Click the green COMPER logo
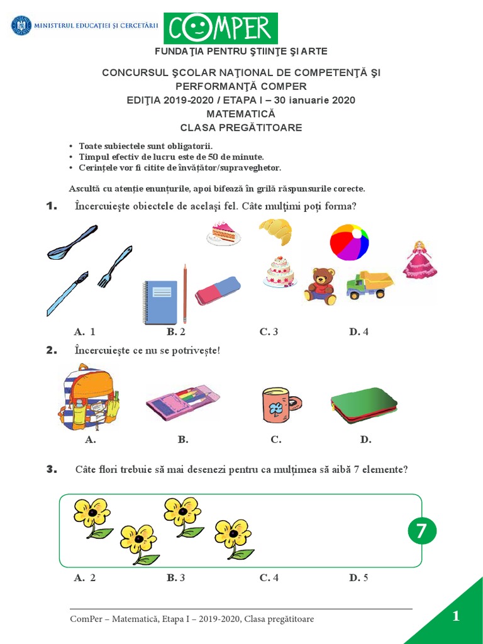pos(221,28)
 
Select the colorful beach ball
pos(349,242)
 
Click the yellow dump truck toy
pos(370,285)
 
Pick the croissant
pos(275,231)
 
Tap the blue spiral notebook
pos(160,302)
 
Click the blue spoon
pos(72,243)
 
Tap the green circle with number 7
pos(421,531)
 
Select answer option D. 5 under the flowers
pos(358,577)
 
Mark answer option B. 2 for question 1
pos(176,331)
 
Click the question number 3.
pos(52,469)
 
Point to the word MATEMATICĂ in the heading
pos(241,114)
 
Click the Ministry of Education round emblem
pos(21,26)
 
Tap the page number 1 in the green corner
pos(456,616)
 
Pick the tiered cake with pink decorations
pos(280,272)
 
